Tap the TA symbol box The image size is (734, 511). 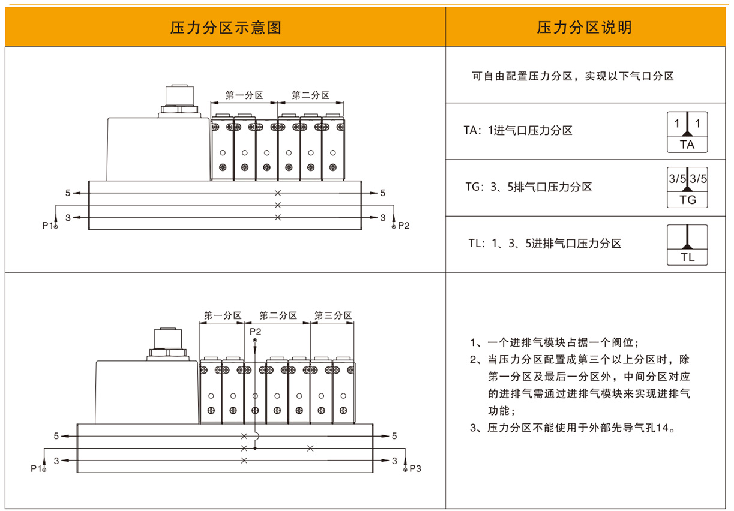pos(687,131)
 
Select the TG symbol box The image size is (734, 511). pos(687,187)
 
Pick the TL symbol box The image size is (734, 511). pos(687,245)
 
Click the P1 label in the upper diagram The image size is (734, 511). pos(48,225)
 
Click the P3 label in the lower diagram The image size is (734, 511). pos(416,468)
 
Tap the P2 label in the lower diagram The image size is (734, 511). pos(255,331)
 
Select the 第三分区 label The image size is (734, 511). pos(333,315)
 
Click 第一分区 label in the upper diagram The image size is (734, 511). pos(244,95)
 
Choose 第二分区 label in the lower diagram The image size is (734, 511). pos(278,315)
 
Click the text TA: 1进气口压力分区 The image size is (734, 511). pos(517,130)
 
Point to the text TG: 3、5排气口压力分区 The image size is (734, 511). pos(528,187)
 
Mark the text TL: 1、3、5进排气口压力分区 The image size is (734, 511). pos(544,244)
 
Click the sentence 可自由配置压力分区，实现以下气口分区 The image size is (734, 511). pos(573,76)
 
